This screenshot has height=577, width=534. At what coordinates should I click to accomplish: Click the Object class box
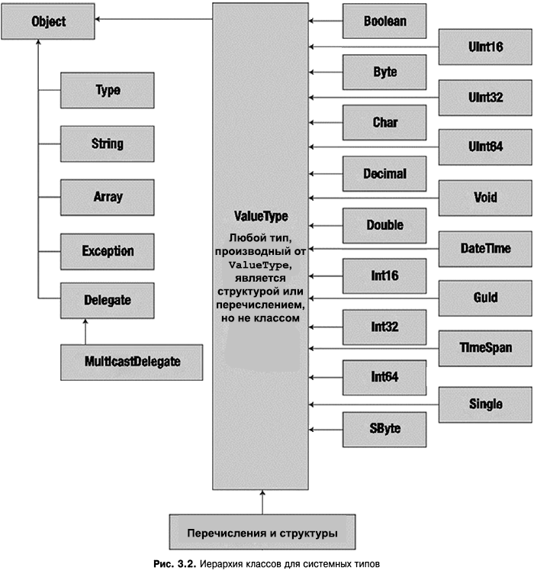click(x=48, y=22)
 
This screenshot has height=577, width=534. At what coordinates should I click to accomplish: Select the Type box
click(x=108, y=90)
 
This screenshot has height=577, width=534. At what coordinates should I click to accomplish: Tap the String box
click(x=108, y=143)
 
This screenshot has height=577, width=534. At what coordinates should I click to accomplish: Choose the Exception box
click(x=108, y=250)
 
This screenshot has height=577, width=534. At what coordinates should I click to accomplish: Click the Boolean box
click(x=384, y=22)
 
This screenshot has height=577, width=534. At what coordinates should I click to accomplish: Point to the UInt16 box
click(x=485, y=47)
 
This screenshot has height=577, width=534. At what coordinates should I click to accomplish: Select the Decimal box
click(x=384, y=174)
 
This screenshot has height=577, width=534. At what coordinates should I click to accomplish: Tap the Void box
click(x=485, y=198)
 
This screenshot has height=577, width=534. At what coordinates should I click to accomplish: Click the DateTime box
click(x=485, y=248)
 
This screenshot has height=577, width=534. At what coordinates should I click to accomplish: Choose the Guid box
click(x=485, y=298)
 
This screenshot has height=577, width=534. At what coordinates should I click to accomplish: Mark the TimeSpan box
click(x=485, y=348)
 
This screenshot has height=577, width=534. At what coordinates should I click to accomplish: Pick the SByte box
click(x=384, y=428)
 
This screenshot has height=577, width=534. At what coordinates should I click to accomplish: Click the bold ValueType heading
click(x=261, y=217)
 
